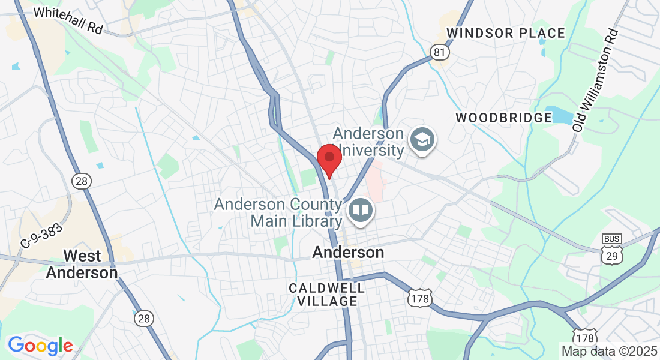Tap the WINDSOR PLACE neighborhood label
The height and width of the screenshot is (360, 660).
[x=506, y=33]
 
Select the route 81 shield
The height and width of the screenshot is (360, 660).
[x=439, y=53]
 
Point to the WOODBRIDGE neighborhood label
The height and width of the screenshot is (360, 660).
[x=503, y=118]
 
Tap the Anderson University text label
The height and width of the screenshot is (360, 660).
[x=368, y=141]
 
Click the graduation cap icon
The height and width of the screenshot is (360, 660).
[x=422, y=140]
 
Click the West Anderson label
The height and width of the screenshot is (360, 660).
[x=82, y=264]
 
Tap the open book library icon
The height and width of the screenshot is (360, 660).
[x=360, y=210]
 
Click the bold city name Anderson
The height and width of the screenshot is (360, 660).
[x=348, y=253]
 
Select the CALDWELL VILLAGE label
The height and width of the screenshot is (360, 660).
[x=327, y=294]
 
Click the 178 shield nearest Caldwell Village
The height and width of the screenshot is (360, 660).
[x=419, y=298]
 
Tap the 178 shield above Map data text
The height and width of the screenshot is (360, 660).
[x=584, y=336]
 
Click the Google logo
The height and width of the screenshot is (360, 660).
[x=40, y=346]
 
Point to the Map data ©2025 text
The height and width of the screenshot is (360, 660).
[x=609, y=350]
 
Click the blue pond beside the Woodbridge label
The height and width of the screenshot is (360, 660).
[x=562, y=115]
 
